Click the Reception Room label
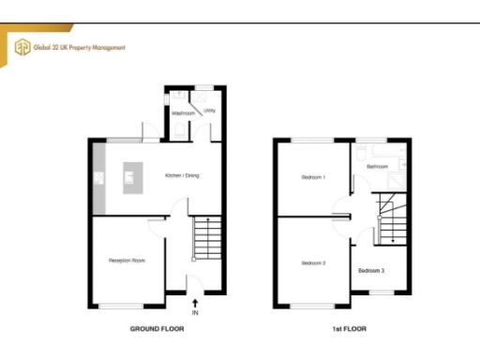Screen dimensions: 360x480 coord(127,260)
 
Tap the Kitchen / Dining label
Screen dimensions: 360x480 coord(182,175)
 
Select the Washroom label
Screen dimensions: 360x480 coord(183,113)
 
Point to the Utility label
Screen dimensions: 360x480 coord(210,110)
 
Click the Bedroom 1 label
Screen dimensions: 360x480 coord(313,176)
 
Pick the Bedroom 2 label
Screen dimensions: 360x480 coord(313,263)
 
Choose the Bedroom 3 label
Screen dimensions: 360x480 coord(371,270)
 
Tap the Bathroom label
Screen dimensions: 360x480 coord(378,166)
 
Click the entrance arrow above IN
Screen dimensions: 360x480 coord(195,302)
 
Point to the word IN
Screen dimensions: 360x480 coord(195,312)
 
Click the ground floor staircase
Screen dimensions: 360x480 coord(206,239)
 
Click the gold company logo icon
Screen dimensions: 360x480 coord(20,46)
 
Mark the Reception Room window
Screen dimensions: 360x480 coord(123,307)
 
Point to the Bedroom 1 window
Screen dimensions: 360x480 coord(310,140)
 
